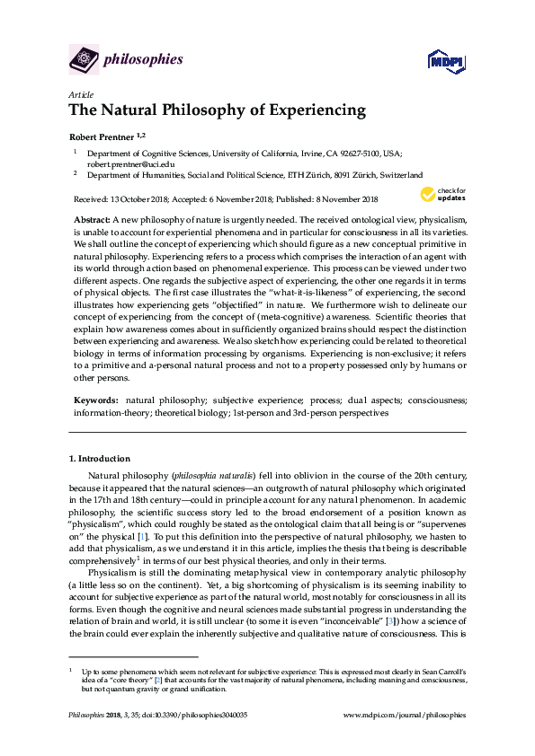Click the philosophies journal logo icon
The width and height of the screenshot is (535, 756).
coord(83,60)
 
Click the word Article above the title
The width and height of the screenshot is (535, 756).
coord(81,94)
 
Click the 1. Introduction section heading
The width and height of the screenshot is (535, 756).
coord(99,459)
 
